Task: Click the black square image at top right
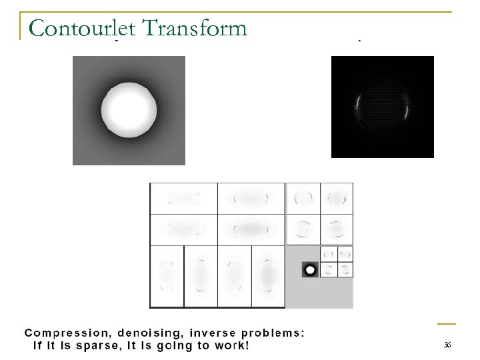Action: pos(382,107)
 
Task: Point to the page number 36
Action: pos(447,344)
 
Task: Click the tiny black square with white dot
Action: pos(309,270)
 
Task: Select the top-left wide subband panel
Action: pos(183,198)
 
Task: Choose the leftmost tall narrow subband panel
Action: pos(167,276)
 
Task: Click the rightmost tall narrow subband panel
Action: pos(268,276)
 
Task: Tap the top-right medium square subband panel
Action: pos(337,198)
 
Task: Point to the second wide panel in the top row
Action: pos(251,198)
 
